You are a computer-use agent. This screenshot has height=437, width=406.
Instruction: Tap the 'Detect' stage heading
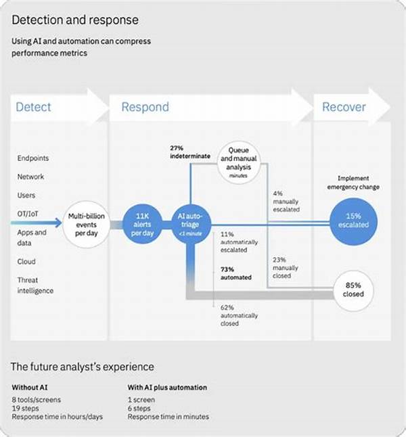pos(33,107)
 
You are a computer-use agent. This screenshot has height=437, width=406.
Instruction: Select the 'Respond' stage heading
pos(145,107)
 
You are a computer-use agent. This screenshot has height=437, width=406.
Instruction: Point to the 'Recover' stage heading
pos(344,107)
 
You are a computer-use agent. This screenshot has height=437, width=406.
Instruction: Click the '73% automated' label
pos(235,273)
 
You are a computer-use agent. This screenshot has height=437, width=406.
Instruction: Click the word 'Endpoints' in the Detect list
pos(33,158)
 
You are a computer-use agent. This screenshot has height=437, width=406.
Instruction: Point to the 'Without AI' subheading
pos(30,388)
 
